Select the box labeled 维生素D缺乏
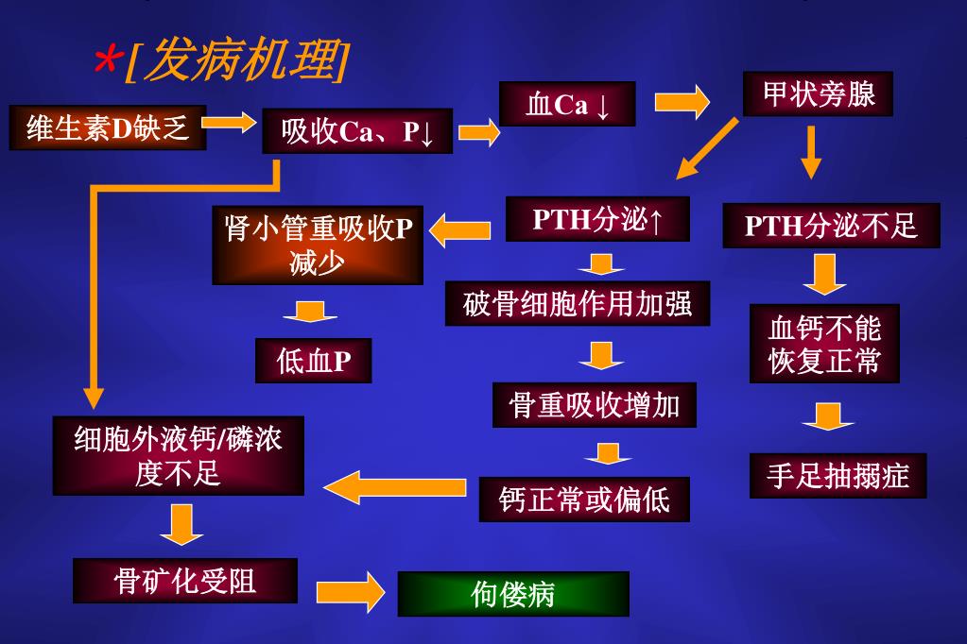(108, 127)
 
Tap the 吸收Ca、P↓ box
(357, 131)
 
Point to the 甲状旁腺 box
(818, 93)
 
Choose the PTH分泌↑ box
(597, 219)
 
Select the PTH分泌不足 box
(831, 226)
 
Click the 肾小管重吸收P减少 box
(318, 244)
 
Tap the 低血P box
(313, 360)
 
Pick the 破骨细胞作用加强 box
(578, 303)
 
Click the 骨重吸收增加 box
(595, 404)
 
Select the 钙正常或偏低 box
(584, 499)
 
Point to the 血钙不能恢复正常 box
(824, 344)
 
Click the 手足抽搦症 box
(837, 475)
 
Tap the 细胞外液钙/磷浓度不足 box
(179, 455)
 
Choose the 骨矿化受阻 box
(185, 581)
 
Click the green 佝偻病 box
(512, 594)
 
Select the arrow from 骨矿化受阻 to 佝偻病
(350, 592)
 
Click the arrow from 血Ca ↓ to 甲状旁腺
(682, 101)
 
